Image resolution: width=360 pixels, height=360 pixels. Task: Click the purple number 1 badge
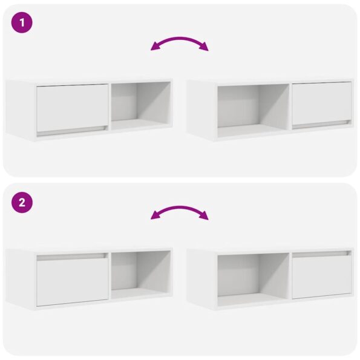pyautogui.click(x=22, y=23)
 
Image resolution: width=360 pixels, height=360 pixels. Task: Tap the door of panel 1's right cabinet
pyautogui.click(x=321, y=103)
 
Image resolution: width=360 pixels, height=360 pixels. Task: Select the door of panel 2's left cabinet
pyautogui.click(x=72, y=281)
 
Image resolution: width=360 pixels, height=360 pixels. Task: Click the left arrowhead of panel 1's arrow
pyautogui.click(x=155, y=48)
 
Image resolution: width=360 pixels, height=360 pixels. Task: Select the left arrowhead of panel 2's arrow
pyautogui.click(x=155, y=217)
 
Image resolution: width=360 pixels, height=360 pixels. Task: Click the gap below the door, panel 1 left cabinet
pyautogui.click(x=72, y=130)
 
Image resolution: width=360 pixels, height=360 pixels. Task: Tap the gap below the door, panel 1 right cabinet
pyautogui.click(x=321, y=123)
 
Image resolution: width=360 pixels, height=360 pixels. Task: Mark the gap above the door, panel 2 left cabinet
pyautogui.click(x=72, y=257)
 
